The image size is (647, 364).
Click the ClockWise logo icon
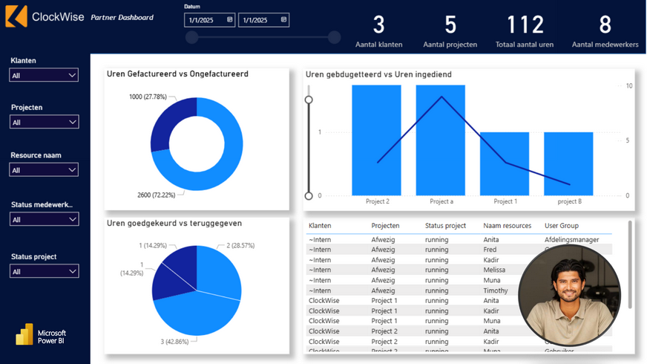(16, 16)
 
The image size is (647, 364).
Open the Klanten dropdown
(44, 75)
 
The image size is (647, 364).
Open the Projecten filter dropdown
(44, 122)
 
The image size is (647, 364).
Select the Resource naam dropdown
(44, 170)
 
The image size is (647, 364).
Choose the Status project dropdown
(44, 272)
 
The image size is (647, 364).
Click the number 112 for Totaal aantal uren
(525, 25)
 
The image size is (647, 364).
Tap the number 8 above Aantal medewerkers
(605, 25)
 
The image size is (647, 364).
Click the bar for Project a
(441, 141)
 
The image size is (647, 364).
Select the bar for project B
(568, 163)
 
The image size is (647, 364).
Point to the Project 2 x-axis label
(377, 201)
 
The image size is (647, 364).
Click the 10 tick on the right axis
(629, 86)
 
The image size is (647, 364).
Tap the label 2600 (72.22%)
(154, 195)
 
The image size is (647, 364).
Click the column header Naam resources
(507, 226)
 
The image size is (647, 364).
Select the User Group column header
(562, 226)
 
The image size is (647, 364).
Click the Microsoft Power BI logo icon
(24, 334)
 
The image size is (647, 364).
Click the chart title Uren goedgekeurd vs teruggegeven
(174, 223)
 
